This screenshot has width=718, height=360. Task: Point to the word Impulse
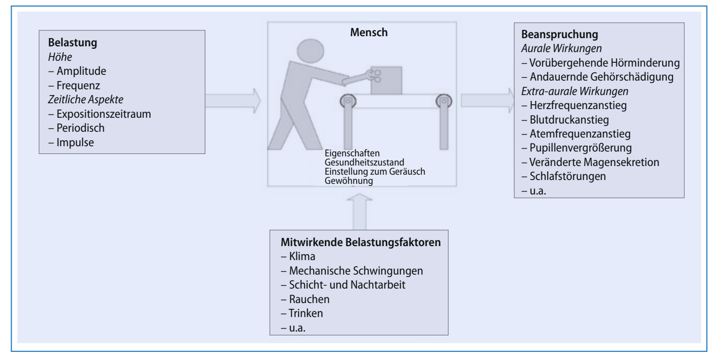[x=76, y=143]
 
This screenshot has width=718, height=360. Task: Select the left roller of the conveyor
[x=347, y=102]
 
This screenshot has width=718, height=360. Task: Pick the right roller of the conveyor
[x=442, y=102]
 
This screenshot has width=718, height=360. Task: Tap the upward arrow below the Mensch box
[x=359, y=210]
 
